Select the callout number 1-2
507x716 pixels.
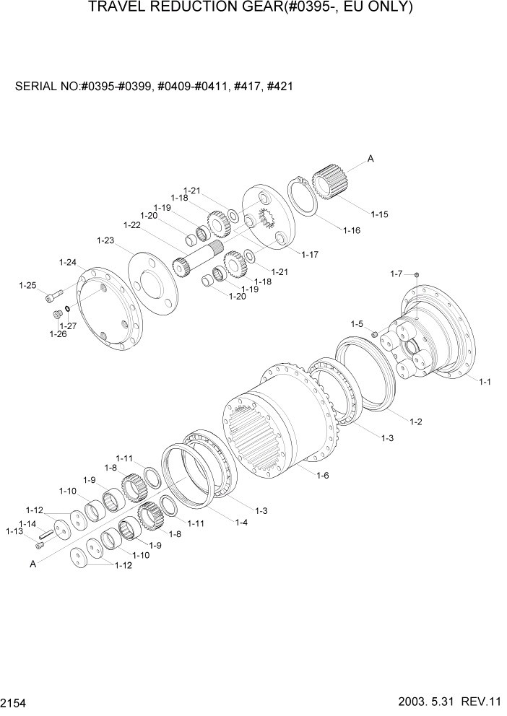point(415,422)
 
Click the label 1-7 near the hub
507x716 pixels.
point(396,274)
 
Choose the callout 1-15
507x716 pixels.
point(379,214)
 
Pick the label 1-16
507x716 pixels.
point(352,230)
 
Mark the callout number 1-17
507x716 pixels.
point(310,254)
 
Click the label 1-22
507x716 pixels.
point(131,225)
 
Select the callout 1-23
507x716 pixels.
point(105,240)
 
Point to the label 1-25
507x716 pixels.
point(27,286)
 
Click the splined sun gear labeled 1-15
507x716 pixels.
point(331,185)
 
